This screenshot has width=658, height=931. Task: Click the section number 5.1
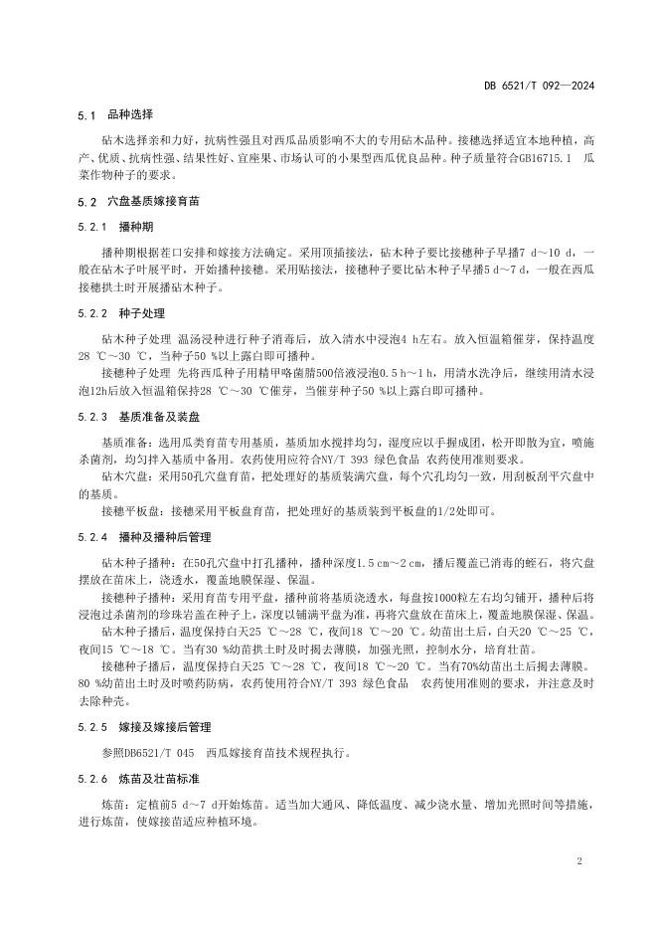pos(85,115)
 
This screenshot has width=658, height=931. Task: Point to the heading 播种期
pos(134,227)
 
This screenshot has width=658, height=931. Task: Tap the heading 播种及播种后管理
pos(160,537)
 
